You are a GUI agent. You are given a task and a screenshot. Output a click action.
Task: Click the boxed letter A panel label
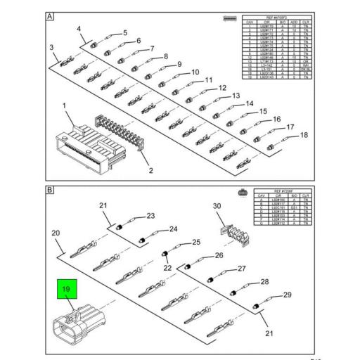50,15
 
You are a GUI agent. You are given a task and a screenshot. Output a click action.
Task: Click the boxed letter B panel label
50,191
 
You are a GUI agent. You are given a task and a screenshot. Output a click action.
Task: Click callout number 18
304,134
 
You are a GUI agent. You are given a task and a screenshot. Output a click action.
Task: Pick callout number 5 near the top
124,33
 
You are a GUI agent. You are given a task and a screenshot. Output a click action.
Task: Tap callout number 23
150,216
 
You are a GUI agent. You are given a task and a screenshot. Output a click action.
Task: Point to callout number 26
219,255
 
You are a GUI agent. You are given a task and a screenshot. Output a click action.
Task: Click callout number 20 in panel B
56,232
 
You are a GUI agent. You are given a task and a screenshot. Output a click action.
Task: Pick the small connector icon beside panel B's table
243,191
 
